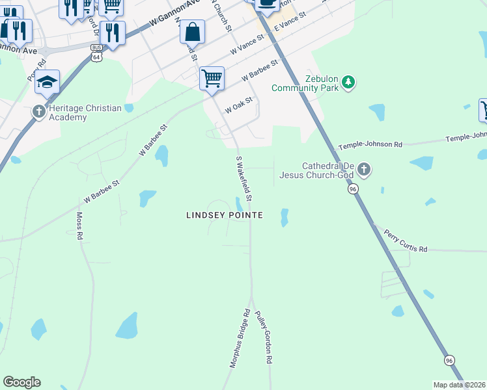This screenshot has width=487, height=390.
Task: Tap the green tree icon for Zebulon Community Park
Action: point(349,82)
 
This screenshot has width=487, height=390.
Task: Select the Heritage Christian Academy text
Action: point(81,112)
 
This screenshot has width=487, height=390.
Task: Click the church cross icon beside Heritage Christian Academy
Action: point(38,112)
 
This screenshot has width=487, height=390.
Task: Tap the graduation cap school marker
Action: point(48,83)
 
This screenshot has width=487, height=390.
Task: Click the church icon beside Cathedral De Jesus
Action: point(364,170)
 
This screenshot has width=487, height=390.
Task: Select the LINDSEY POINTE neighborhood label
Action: point(225,215)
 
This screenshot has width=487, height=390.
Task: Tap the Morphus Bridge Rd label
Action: point(240,339)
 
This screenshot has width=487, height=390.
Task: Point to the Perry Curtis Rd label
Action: point(405,240)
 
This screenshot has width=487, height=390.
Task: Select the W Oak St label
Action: point(238,105)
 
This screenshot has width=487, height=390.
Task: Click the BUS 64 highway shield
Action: point(96,53)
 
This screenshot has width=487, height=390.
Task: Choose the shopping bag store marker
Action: point(193,31)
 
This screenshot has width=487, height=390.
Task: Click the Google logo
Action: point(21,382)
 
